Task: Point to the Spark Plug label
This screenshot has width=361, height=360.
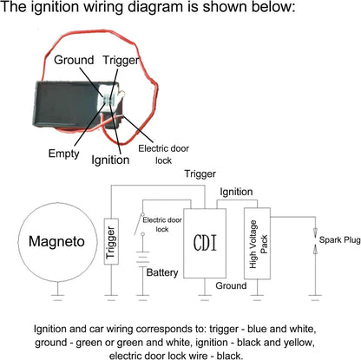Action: click(x=340, y=239)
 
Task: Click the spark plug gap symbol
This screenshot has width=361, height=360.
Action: click(x=315, y=241)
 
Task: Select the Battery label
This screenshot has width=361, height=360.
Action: click(x=162, y=272)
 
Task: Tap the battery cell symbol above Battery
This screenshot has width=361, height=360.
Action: click(x=142, y=259)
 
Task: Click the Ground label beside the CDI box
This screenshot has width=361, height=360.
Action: click(x=231, y=285)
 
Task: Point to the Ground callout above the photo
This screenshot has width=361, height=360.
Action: click(x=74, y=60)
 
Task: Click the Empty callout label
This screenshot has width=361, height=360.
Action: click(x=63, y=154)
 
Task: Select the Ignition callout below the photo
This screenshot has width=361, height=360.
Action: click(x=110, y=160)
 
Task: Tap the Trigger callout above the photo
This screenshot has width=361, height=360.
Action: click(x=121, y=61)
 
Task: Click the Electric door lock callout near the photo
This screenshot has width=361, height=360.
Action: click(x=163, y=154)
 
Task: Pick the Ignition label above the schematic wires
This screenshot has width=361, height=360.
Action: click(x=236, y=192)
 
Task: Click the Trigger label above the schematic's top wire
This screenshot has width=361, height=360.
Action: click(x=200, y=174)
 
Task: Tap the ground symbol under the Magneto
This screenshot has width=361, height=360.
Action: click(x=57, y=298)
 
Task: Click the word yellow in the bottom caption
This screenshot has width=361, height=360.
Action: click(x=299, y=343)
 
